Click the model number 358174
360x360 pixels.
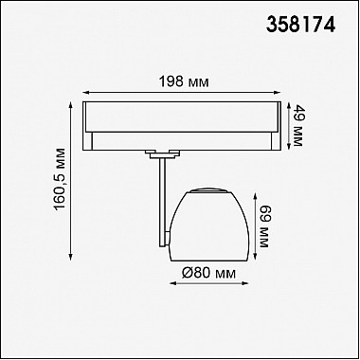300,25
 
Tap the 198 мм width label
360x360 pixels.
184,82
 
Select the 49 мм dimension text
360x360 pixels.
297,125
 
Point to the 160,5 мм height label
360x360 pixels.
60,178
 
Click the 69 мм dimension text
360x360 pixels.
264,226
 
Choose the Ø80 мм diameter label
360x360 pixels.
208,273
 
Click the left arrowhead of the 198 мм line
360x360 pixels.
86,93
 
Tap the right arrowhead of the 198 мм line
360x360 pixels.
277,93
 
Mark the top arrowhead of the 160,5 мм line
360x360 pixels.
70,105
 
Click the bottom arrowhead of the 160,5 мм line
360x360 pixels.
70,256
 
